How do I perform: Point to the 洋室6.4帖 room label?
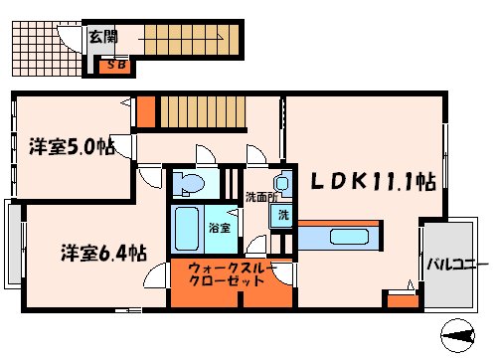point(88,254)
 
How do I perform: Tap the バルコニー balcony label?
point(456,266)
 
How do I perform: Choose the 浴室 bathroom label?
point(220,228)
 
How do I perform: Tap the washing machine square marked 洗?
point(282,216)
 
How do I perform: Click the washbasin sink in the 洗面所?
point(283,184)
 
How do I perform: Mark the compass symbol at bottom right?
point(464,337)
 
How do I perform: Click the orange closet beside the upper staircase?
point(146,111)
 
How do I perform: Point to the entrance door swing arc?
point(70,40)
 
